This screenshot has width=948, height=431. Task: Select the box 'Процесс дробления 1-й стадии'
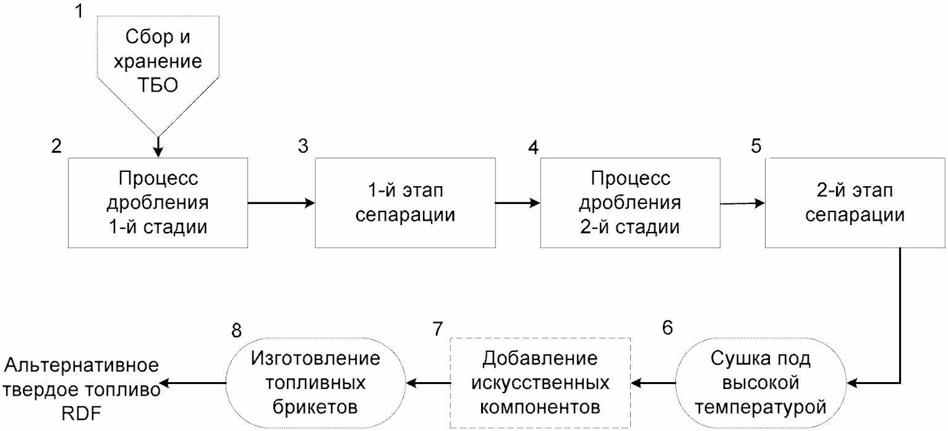158,203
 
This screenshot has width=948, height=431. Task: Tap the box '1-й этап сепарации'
405,203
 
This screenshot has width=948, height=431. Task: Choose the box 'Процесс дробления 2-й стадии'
630,203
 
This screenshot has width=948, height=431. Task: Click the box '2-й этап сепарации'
855,203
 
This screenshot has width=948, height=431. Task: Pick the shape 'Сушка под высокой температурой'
761,383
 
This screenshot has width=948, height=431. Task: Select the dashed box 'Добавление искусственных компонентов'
540,383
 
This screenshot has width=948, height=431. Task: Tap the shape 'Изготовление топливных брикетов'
315,383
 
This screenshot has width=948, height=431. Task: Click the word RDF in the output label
81,414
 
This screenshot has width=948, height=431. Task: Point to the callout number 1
79,11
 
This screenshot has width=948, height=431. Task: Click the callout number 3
303,146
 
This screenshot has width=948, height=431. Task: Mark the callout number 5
756,146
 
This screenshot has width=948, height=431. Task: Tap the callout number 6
667,327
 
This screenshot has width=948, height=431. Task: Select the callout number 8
237,330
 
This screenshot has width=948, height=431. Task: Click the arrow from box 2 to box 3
281,203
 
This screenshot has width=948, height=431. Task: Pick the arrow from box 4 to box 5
743,203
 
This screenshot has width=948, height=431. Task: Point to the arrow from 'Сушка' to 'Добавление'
653,383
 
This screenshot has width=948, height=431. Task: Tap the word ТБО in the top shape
158,85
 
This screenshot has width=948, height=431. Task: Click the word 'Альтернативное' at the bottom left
81,365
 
